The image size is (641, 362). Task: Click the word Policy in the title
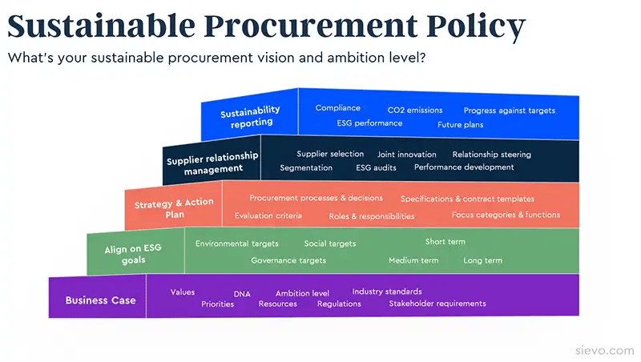(475, 26)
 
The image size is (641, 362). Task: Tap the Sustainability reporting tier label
(251, 117)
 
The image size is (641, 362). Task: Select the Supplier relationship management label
(212, 163)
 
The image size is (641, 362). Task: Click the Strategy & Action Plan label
(174, 208)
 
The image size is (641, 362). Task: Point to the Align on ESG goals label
(133, 254)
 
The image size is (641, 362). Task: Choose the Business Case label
(101, 300)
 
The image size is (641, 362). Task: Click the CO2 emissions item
(415, 110)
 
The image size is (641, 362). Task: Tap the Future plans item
(460, 125)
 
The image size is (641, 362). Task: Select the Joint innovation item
(407, 155)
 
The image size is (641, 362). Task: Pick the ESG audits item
(376, 167)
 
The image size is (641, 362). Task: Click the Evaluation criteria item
(268, 215)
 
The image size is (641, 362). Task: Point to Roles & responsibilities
(372, 216)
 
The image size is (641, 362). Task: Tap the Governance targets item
(288, 260)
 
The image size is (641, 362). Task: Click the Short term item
(445, 242)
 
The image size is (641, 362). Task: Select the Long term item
(483, 260)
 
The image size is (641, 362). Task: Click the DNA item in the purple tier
(242, 294)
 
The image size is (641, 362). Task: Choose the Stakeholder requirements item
(437, 304)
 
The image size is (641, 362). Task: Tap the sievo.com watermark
(605, 350)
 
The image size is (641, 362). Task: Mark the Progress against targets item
(510, 111)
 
